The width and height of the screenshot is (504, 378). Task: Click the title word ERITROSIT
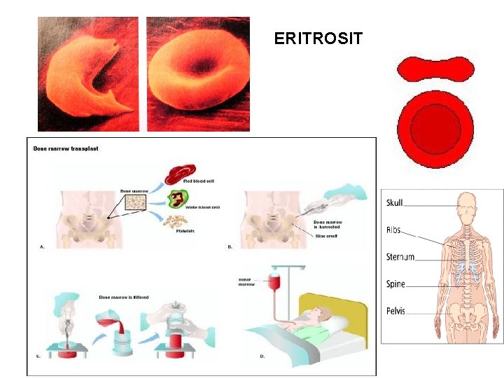tap(318, 38)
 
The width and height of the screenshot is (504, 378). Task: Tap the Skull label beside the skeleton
tap(395, 203)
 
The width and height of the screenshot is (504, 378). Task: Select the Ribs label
tap(393, 230)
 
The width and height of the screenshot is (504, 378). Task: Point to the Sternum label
tap(400, 257)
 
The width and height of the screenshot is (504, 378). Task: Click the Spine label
tap(395, 284)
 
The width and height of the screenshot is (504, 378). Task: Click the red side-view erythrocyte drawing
tap(435, 69)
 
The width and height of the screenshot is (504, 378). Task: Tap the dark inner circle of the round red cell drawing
tap(435, 129)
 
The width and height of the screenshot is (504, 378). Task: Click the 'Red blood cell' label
tap(198, 181)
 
